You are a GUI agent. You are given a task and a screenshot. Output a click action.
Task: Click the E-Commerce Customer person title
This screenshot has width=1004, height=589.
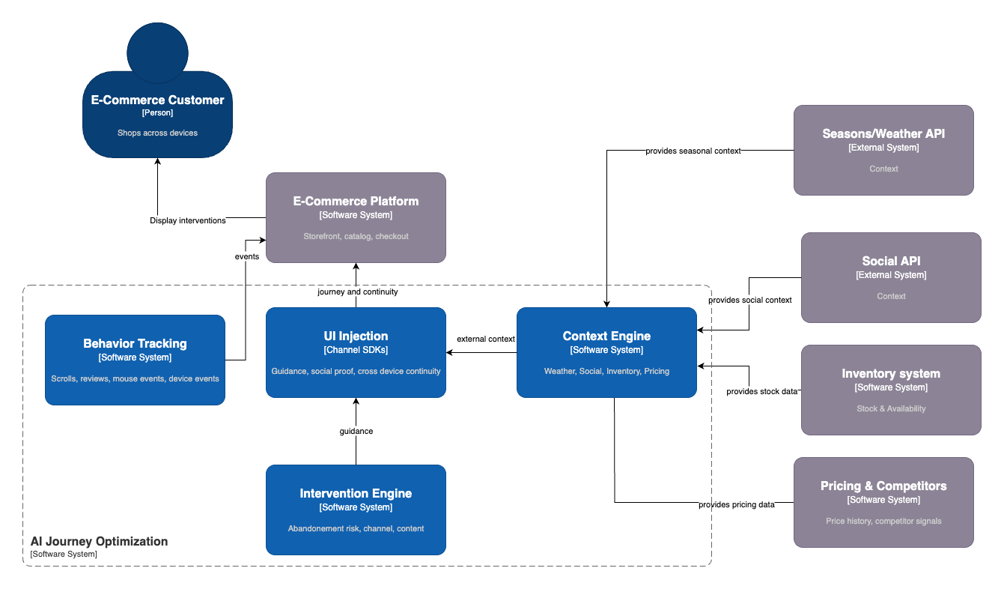[x=157, y=100]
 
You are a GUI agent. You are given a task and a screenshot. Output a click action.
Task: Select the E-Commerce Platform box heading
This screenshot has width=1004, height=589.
[x=356, y=201]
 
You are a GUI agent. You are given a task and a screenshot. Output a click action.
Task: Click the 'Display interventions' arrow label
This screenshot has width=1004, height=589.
[x=188, y=220]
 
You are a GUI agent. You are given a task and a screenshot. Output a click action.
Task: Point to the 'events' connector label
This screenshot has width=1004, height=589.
[x=246, y=256]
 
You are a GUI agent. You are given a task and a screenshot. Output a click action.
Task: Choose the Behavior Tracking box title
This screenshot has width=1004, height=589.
[x=135, y=343]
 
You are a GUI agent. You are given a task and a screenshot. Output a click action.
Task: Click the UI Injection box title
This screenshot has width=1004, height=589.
[x=356, y=336]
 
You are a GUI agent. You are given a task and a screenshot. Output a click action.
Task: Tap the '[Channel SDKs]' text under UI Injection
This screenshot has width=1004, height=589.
[x=356, y=350]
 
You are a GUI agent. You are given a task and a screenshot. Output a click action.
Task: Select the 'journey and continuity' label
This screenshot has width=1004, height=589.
[x=357, y=292]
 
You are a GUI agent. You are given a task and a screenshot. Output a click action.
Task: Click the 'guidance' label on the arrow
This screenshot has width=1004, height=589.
[x=356, y=431]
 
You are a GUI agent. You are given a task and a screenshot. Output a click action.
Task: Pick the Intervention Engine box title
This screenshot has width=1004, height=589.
[x=356, y=493]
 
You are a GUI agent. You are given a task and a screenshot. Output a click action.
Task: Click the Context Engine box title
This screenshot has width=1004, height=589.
[x=606, y=336]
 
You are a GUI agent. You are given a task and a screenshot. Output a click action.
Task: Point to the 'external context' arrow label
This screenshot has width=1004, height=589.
[x=486, y=339]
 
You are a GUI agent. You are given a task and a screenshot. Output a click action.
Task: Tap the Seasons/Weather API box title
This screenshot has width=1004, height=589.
[x=883, y=133]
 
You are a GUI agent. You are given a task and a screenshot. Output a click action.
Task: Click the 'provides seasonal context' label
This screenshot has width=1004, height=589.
[x=693, y=151]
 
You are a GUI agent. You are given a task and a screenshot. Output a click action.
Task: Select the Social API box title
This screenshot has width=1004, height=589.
[x=891, y=261]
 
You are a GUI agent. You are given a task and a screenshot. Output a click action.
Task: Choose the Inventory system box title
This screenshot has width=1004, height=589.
[x=891, y=373]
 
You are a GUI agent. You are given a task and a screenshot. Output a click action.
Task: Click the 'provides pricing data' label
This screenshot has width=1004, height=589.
[x=736, y=504]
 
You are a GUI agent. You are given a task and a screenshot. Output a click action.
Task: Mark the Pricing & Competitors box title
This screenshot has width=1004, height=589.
[x=883, y=486]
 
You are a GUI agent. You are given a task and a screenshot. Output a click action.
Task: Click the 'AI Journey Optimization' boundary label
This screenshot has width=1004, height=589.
[x=99, y=541]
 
